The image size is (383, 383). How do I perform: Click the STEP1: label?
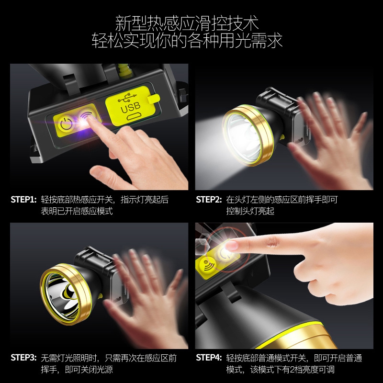tap(23, 200)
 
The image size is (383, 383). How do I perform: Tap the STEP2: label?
tap(209, 200)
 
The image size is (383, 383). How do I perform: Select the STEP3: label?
tap(23, 358)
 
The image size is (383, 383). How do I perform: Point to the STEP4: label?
tap(209, 358)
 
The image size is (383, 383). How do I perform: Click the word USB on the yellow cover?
tap(131, 107)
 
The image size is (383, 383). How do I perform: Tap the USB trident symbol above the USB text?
tap(127, 97)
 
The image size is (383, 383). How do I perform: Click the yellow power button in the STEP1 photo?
tap(66, 124)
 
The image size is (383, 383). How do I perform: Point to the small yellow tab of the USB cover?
tap(154, 99)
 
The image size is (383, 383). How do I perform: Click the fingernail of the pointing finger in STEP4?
tap(231, 246)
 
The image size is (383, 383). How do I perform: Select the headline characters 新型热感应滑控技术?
tap(187, 23)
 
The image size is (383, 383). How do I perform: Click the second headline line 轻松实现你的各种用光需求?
tap(187, 40)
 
